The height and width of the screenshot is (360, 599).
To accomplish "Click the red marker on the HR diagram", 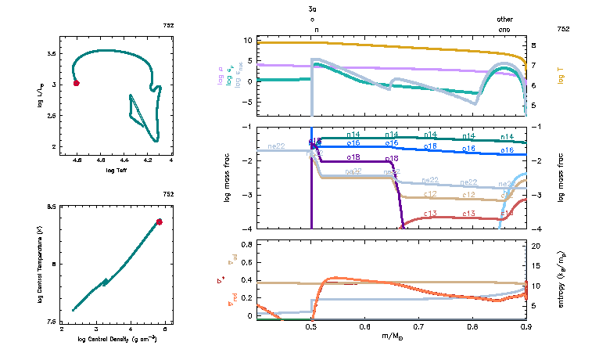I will (76, 83).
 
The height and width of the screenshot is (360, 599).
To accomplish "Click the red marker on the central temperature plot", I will (159, 222).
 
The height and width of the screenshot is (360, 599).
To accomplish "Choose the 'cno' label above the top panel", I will (504, 29).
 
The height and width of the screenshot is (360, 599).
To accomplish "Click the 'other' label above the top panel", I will (504, 20).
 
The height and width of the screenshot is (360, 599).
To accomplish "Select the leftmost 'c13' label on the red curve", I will (429, 214).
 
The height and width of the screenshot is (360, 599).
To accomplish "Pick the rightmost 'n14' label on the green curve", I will (507, 136).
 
